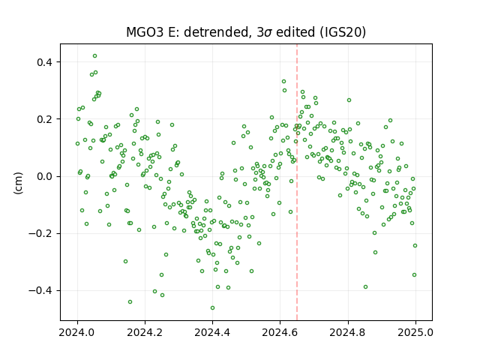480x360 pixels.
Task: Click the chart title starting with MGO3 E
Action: pyautogui.click(x=246, y=32)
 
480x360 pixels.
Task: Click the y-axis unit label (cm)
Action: pyautogui.click(x=18, y=183)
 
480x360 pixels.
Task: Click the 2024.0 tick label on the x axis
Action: pyautogui.click(x=77, y=332)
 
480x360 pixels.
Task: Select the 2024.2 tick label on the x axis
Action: pyautogui.click(x=145, y=332)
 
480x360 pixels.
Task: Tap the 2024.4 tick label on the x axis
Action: pyautogui.click(x=212, y=332)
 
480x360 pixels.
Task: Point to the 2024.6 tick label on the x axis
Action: pyautogui.click(x=280, y=332)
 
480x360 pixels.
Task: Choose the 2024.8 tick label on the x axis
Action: pyautogui.click(x=348, y=332)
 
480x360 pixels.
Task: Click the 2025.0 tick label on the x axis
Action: pyautogui.click(x=415, y=332)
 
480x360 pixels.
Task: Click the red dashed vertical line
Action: pyautogui.click(x=297, y=181)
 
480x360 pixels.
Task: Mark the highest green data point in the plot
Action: pyautogui.click(x=95, y=56)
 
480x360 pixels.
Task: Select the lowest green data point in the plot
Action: pyautogui.click(x=212, y=308)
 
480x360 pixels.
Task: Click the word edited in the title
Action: pyautogui.click(x=295, y=32)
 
